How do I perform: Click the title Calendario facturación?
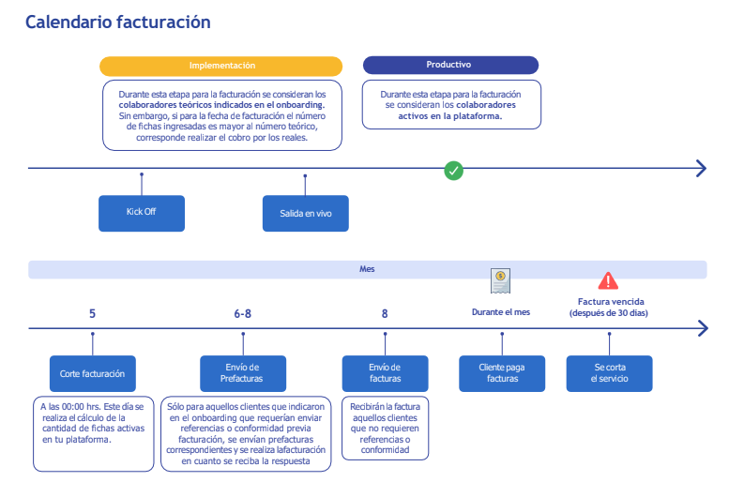(x=117, y=22)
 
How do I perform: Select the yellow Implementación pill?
(x=220, y=66)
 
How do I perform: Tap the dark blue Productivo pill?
(x=450, y=65)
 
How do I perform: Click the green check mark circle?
(x=454, y=171)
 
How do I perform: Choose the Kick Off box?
(x=142, y=213)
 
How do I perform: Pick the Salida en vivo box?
(x=306, y=214)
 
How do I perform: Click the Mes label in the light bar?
(x=367, y=268)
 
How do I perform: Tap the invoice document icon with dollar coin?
(x=500, y=280)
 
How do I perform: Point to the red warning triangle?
(x=608, y=280)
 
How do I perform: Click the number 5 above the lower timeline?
(x=92, y=314)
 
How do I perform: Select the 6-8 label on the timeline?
(x=243, y=314)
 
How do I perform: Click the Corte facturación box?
(x=93, y=373)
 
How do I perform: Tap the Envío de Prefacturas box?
(x=243, y=373)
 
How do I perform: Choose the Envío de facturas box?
(x=385, y=373)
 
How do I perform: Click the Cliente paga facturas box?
(x=502, y=373)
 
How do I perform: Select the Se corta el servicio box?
(x=610, y=373)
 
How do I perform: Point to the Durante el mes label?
(x=501, y=312)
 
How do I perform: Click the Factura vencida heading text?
(x=611, y=302)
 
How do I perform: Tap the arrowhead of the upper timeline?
(x=702, y=168)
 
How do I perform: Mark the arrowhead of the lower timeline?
(x=704, y=328)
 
